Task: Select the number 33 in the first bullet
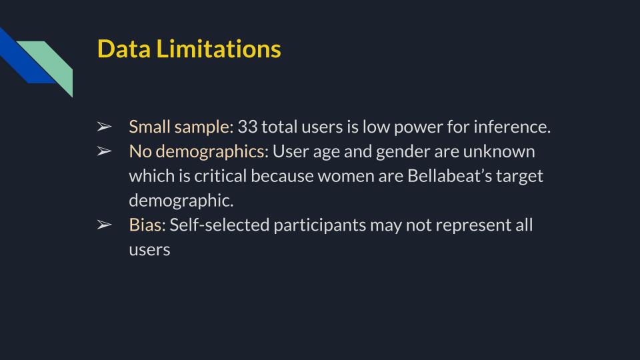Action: click(x=247, y=127)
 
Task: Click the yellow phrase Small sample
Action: click(x=181, y=127)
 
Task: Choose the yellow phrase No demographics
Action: click(x=197, y=151)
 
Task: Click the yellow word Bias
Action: click(x=145, y=225)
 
